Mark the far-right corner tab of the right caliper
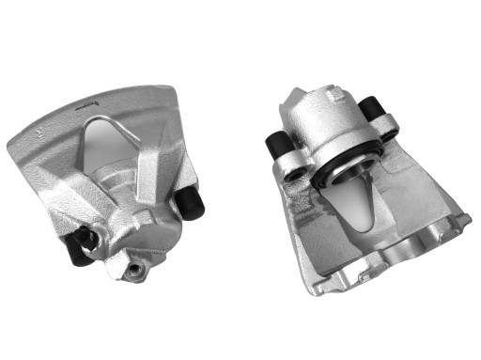pyautogui.click(x=464, y=220)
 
